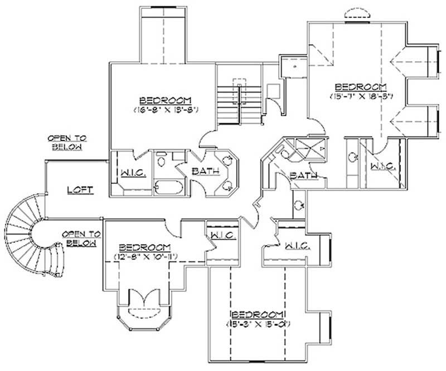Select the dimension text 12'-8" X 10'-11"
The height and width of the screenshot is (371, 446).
coord(144,256)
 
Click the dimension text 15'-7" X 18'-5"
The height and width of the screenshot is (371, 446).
coord(361,96)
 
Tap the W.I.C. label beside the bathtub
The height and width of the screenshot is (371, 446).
coord(133,173)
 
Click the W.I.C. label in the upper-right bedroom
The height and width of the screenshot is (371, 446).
coord(382,166)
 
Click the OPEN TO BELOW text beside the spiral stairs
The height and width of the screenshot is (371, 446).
coord(80,238)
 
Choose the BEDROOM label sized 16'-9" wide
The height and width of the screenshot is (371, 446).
coord(166,100)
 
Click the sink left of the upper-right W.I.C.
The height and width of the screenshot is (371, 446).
coord(352,157)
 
